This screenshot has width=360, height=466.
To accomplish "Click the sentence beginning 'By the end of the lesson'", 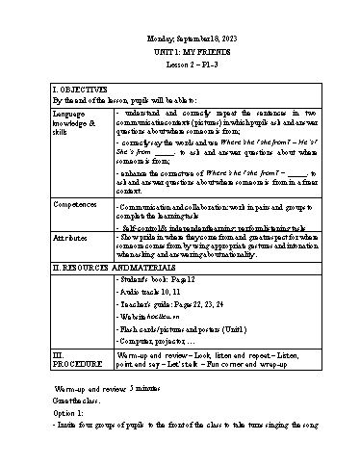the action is [126, 99].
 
